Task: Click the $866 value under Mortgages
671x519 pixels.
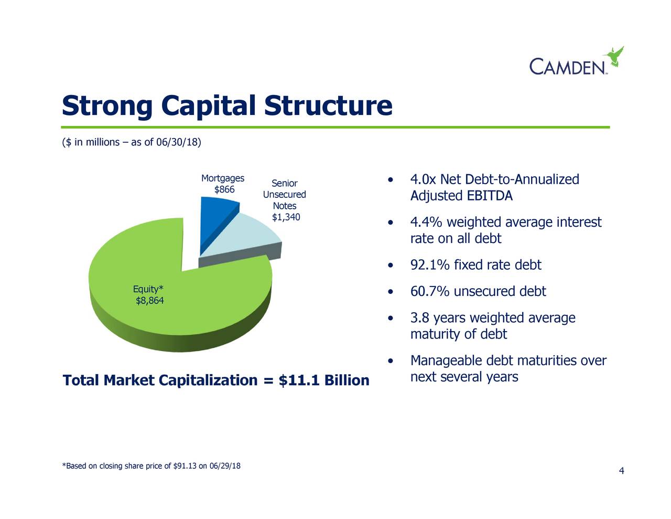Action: [x=224, y=190]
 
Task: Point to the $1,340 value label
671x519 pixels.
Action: [x=286, y=217]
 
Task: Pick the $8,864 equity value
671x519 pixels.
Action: [x=149, y=301]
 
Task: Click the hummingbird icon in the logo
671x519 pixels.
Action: [x=613, y=56]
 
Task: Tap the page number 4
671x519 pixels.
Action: [x=621, y=471]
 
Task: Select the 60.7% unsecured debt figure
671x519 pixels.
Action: [x=430, y=291]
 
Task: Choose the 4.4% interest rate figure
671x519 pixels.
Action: [x=426, y=223]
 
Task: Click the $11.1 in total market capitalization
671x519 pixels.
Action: [x=299, y=380]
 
